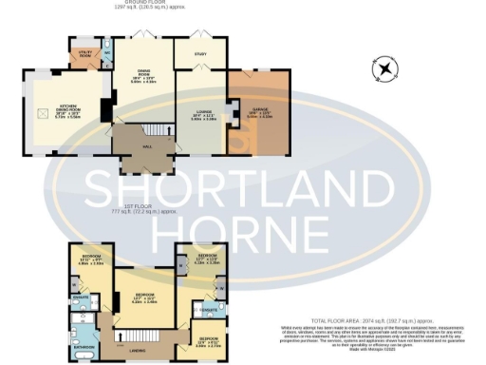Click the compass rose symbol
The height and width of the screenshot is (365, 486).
point(383,68)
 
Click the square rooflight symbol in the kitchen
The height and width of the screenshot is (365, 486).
point(40,112)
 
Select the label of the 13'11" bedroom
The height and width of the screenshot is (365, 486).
point(90,259)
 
